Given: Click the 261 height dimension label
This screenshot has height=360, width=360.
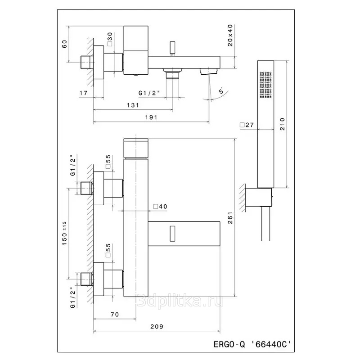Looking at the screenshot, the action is [x=230, y=218].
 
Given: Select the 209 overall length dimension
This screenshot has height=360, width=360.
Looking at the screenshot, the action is [x=157, y=326].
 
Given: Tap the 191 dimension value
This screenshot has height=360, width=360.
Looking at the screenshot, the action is [x=151, y=117].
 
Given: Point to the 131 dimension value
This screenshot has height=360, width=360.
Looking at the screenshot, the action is [x=133, y=105].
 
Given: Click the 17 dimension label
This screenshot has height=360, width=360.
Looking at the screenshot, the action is [x=84, y=93].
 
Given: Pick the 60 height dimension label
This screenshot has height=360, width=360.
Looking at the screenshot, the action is [x=65, y=44].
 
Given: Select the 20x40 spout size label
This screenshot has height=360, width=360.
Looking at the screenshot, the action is [x=230, y=36].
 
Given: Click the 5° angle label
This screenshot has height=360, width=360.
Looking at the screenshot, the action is [x=221, y=90].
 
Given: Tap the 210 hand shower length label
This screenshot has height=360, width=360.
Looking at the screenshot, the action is [x=282, y=124].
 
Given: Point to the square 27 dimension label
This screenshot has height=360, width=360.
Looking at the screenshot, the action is [x=247, y=125].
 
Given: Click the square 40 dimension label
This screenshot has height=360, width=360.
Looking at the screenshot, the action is [x=160, y=207].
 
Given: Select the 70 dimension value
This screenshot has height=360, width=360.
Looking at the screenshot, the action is [x=115, y=314].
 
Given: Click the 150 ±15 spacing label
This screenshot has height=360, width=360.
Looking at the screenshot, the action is [x=64, y=233].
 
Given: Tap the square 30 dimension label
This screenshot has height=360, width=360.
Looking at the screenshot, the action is [x=110, y=39].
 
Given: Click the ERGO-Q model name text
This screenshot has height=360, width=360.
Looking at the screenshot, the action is [x=229, y=344].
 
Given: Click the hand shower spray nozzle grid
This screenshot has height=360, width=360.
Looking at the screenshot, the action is [x=265, y=85].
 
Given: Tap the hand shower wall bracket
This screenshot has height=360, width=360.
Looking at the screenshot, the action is [x=259, y=197].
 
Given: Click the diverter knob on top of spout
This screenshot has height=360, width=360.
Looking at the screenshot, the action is [x=172, y=49].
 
